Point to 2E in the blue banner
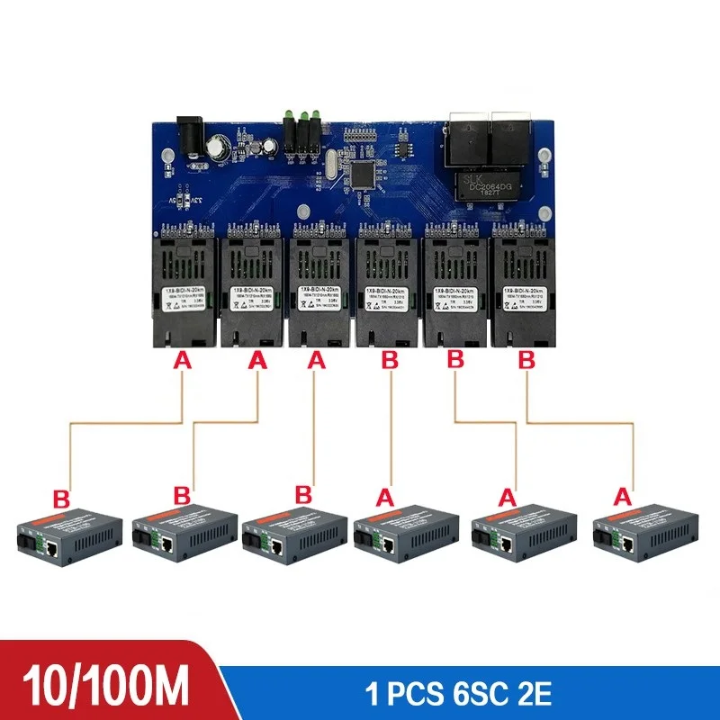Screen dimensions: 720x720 pos(529,695)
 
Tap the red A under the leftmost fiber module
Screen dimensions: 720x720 pos(183,361)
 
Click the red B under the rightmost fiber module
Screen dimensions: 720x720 pos(526,361)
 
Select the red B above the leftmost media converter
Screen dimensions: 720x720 pos(62,498)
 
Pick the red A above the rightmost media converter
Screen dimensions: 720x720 pos(623,495)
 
